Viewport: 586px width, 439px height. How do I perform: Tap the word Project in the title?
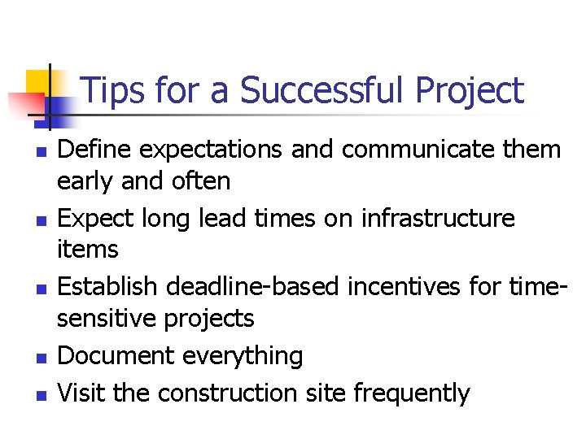click(x=470, y=91)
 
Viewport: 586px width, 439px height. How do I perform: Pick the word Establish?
click(x=103, y=288)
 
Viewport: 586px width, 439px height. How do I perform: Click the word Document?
click(x=116, y=356)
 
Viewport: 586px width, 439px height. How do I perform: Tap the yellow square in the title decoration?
click(x=37, y=81)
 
